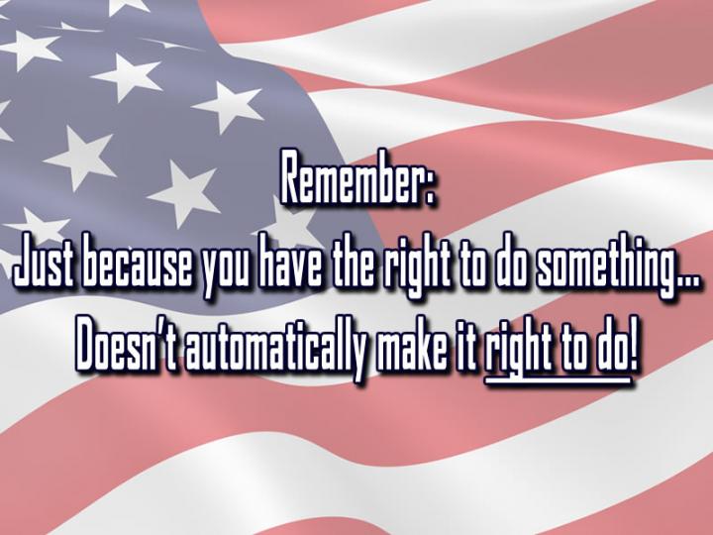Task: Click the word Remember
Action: (351, 177)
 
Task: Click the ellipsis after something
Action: (684, 282)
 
